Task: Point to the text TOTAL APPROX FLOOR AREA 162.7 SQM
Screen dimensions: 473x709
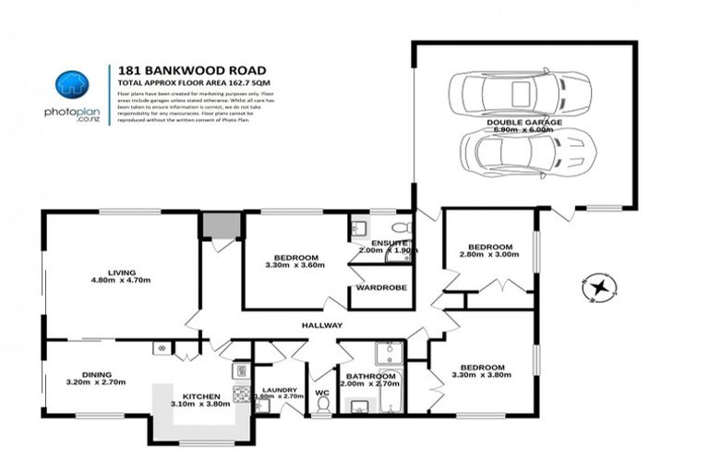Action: [x=184, y=82]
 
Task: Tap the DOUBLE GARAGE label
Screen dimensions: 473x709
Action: [x=523, y=121]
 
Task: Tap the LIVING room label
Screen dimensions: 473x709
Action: [x=121, y=273]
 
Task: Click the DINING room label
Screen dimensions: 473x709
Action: [x=96, y=374]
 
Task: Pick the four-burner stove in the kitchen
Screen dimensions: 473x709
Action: [x=242, y=394]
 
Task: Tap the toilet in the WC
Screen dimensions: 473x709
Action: [x=323, y=403]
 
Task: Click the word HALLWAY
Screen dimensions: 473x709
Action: [x=321, y=325]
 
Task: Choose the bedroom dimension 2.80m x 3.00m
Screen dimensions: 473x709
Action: [x=489, y=258]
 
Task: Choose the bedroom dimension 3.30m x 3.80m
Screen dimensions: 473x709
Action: [x=481, y=375]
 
